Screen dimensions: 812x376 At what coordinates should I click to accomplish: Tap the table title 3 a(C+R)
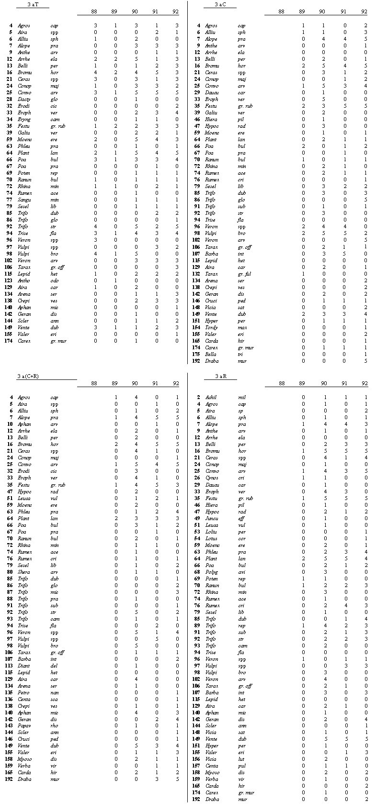click(28, 377)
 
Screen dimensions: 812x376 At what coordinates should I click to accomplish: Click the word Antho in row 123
click(24, 280)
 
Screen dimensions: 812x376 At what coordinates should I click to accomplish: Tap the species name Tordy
click(211, 327)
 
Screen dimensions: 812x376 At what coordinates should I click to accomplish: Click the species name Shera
click(24, 572)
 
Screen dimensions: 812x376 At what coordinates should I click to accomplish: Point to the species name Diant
click(24, 666)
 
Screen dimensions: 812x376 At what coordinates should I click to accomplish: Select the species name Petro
click(24, 692)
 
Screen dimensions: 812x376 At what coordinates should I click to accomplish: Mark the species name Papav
click(24, 726)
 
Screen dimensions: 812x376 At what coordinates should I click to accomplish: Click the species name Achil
click(211, 398)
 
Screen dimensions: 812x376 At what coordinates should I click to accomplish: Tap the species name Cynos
click(211, 478)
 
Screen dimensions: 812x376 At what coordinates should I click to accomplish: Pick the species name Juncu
click(211, 518)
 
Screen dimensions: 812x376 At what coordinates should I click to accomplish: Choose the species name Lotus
click(211, 538)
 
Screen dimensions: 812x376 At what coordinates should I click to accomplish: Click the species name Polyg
click(211, 572)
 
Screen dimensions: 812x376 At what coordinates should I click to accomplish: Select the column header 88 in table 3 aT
click(95, 11)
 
